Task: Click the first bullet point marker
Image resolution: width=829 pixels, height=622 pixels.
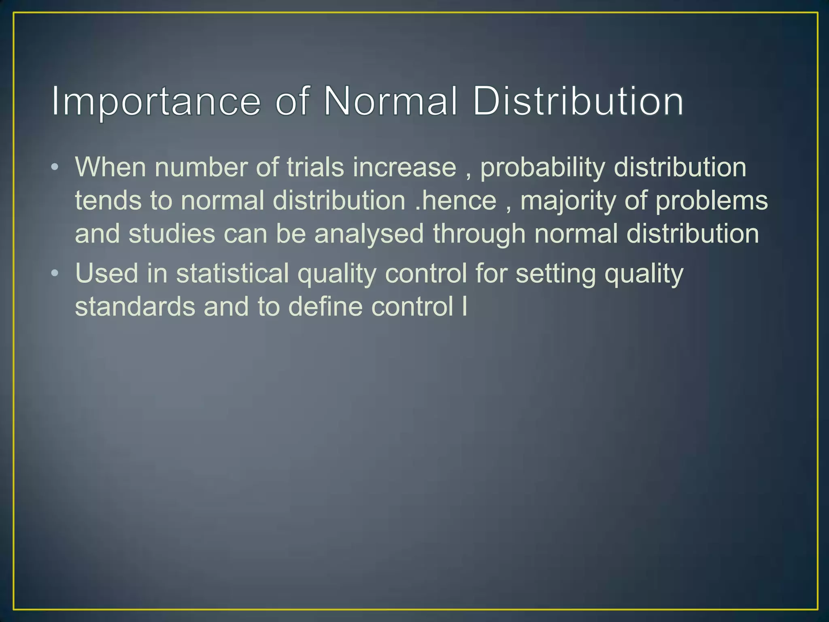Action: click(x=55, y=167)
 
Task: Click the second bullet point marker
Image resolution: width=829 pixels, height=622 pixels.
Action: click(x=55, y=273)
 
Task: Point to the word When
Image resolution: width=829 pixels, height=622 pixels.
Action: click(x=110, y=167)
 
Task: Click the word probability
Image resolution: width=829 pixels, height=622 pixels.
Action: click(x=542, y=168)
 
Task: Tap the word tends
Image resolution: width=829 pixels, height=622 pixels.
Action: click(x=108, y=201)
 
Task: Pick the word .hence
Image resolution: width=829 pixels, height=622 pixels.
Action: click(x=456, y=201)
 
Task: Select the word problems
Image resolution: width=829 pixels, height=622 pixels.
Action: click(x=711, y=202)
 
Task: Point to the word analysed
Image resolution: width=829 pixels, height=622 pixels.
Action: click(x=369, y=235)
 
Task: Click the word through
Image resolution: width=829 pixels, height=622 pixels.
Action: click(x=479, y=235)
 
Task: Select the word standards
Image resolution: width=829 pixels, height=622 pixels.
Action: click(x=135, y=307)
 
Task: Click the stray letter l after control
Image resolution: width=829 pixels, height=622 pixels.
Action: click(x=464, y=307)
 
